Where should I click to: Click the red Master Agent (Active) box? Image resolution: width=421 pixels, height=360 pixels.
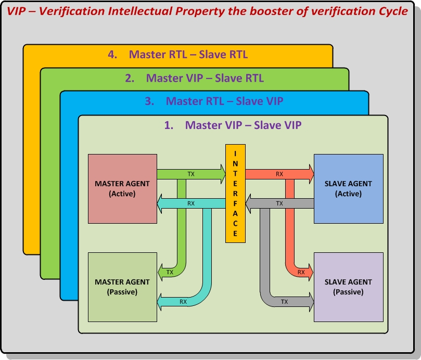pyautogui.click(x=122, y=188)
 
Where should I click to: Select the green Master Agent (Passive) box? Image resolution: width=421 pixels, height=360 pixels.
pyautogui.click(x=122, y=287)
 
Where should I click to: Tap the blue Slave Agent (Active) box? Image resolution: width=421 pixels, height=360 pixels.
pyautogui.click(x=348, y=188)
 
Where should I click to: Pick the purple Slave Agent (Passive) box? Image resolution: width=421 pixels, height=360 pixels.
pyautogui.click(x=348, y=287)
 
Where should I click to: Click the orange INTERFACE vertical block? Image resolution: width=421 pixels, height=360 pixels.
pyautogui.click(x=235, y=194)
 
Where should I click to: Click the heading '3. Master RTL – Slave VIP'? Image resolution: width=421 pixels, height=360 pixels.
pyautogui.click(x=214, y=101)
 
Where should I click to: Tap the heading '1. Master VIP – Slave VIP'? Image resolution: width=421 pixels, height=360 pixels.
pyautogui.click(x=233, y=125)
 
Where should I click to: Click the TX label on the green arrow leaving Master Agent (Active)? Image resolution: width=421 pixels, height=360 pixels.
pyautogui.click(x=191, y=174)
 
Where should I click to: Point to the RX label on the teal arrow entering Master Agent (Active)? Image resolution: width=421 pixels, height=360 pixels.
pyautogui.click(x=191, y=203)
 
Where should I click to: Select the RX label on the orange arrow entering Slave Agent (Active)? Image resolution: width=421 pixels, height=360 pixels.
pyautogui.click(x=279, y=174)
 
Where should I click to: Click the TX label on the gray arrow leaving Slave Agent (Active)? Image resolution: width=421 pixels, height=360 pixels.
pyautogui.click(x=279, y=203)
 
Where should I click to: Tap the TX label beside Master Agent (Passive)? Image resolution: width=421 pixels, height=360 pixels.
pyautogui.click(x=170, y=272)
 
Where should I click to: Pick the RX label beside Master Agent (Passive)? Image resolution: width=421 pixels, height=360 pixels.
pyautogui.click(x=183, y=301)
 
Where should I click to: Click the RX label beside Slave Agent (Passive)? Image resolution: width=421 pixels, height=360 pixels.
pyautogui.click(x=301, y=272)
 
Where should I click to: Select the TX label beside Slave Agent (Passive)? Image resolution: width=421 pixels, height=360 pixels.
pyautogui.click(x=285, y=301)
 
